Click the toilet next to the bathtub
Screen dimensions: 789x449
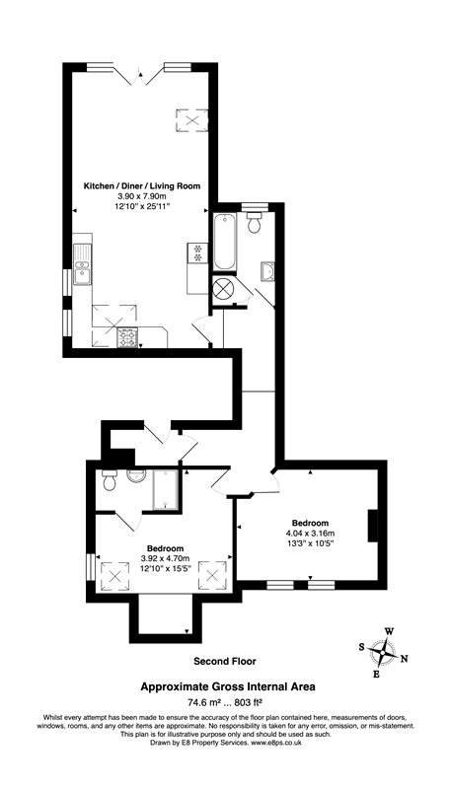tap(256, 225)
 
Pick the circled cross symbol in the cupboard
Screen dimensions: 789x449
tap(224, 290)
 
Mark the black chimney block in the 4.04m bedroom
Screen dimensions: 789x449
tap(373, 526)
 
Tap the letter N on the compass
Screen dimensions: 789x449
tap(406, 659)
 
